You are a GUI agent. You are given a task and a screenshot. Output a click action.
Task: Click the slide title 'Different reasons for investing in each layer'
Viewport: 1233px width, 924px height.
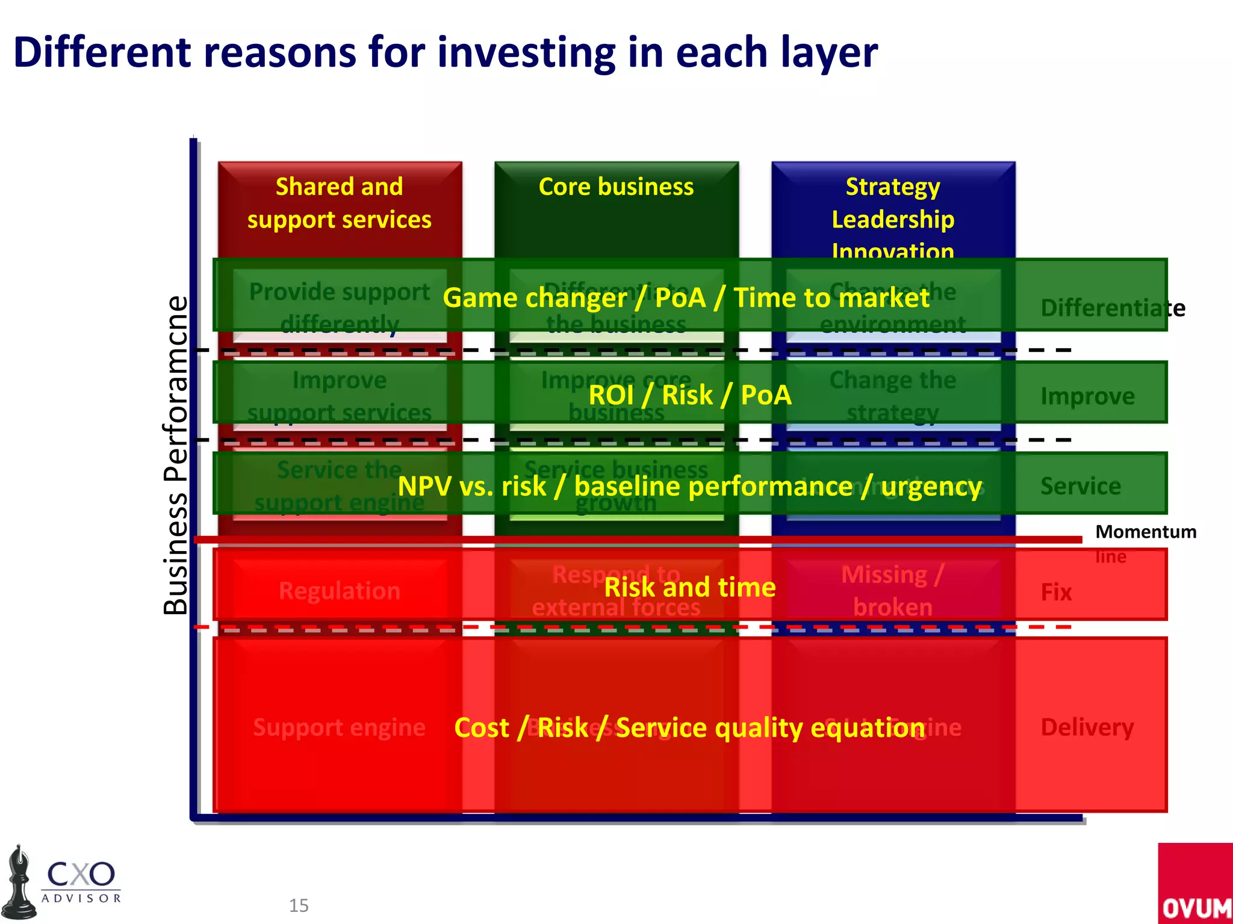[x=445, y=53]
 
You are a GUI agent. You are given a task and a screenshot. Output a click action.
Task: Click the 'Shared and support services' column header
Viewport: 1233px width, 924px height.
[x=340, y=203]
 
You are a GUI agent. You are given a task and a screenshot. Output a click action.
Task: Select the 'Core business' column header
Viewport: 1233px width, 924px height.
[x=616, y=187]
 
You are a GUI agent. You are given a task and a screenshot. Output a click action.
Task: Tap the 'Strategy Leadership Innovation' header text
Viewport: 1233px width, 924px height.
[x=893, y=219]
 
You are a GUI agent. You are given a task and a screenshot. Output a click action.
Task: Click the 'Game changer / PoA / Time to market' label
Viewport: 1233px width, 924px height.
[x=686, y=298]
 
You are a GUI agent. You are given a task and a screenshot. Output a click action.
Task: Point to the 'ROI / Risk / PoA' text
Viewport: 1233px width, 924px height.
[x=690, y=395]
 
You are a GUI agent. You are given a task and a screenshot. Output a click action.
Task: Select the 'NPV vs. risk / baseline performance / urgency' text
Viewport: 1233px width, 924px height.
[x=690, y=486]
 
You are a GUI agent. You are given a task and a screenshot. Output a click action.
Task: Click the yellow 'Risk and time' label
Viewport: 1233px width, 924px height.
[x=690, y=587]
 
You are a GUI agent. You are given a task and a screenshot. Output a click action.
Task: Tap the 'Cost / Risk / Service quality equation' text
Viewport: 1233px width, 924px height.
[x=690, y=728]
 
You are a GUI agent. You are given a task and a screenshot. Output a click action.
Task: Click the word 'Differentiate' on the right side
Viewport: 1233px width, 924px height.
[x=1113, y=308]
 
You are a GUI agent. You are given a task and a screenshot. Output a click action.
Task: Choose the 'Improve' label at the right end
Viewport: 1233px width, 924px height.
[x=1087, y=396]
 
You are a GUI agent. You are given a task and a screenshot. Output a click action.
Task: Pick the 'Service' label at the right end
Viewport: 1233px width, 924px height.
[x=1081, y=486]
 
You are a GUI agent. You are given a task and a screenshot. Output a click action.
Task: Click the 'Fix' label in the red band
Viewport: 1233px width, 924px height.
[x=1057, y=593]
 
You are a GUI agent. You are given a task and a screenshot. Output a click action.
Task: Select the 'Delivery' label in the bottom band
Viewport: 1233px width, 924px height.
[x=1087, y=727]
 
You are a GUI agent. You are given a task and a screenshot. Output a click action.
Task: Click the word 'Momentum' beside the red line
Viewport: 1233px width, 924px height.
[x=1146, y=532]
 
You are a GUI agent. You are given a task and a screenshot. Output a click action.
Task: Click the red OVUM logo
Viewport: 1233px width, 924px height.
[x=1195, y=883]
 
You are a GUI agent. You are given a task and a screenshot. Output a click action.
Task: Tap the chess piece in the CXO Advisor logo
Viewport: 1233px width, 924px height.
[x=20, y=883]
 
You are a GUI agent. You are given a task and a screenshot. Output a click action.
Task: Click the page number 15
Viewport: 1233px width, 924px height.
[x=299, y=905]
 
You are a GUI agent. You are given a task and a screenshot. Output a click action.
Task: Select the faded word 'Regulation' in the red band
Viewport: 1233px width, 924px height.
[x=340, y=591]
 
